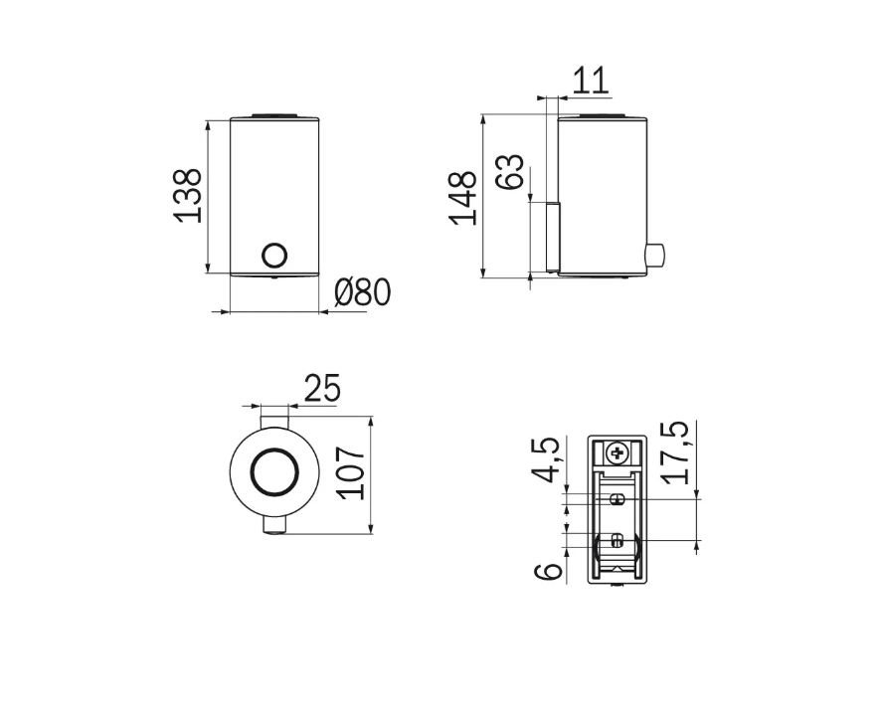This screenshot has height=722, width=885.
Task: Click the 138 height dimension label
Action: pos(187,195)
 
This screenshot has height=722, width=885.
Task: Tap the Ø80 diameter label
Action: pos(362,292)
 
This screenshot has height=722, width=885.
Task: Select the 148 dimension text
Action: pos(462,197)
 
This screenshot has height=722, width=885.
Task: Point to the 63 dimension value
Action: pos(509,172)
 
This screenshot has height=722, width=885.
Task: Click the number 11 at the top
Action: pos(591,81)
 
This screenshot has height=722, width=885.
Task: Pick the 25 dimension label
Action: pos(322,388)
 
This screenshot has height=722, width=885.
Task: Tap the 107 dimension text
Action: pos(350,472)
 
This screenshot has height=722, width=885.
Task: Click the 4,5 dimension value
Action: pos(546,459)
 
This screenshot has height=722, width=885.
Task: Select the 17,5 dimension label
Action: pos(674,452)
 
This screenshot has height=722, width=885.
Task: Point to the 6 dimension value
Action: pos(548,571)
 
